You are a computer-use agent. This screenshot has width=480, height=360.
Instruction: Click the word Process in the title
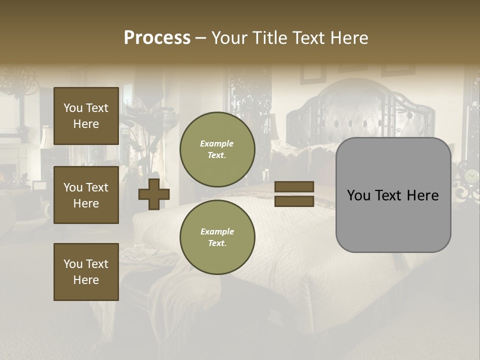pyautogui.click(x=157, y=38)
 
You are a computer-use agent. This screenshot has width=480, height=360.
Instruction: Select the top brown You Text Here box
pyautogui.click(x=86, y=116)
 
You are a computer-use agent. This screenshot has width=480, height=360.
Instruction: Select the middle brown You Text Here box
pyautogui.click(x=86, y=195)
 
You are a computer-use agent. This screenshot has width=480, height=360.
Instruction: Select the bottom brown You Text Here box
pyautogui.click(x=86, y=272)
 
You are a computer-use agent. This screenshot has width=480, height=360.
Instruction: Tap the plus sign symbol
pyautogui.click(x=154, y=194)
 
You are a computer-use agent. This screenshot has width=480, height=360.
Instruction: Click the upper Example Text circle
pyautogui.click(x=217, y=149)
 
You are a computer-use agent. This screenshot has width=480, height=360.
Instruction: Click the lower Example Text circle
pyautogui.click(x=217, y=237)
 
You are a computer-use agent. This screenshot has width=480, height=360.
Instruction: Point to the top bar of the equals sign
pyautogui.click(x=294, y=186)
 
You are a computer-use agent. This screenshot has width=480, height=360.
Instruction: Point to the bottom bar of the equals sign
pyautogui.click(x=294, y=201)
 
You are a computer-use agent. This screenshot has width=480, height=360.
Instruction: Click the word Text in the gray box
pyautogui.click(x=393, y=195)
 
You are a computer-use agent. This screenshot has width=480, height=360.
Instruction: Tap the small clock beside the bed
pyautogui.click(x=471, y=176)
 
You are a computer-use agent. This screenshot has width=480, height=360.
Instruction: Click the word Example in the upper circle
pyautogui.click(x=217, y=143)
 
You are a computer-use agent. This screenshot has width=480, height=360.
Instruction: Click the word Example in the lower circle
pyautogui.click(x=217, y=231)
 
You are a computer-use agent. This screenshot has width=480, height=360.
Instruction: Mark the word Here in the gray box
pyautogui.click(x=423, y=195)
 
